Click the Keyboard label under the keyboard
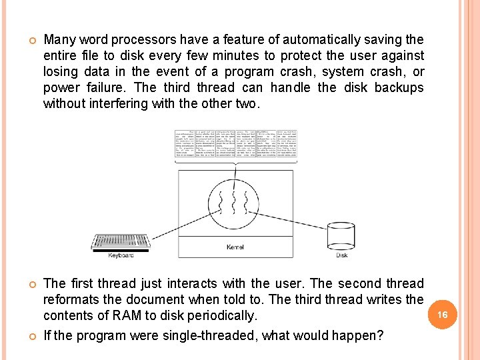click(121, 255)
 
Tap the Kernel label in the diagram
click(235, 247)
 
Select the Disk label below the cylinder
click(341, 255)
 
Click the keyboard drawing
click(121, 242)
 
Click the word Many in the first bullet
click(59, 40)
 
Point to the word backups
click(399, 88)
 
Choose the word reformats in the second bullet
click(73, 300)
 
